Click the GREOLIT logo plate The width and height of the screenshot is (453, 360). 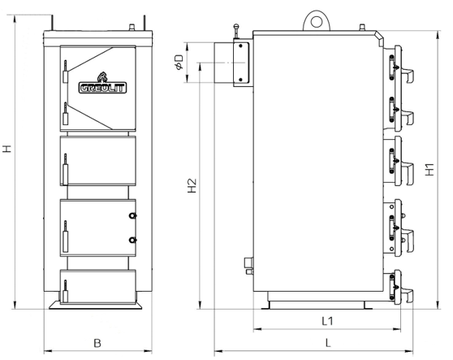[102, 88]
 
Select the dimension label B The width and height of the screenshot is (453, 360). [97, 343]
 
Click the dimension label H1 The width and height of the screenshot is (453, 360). [430, 169]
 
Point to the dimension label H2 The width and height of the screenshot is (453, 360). [192, 185]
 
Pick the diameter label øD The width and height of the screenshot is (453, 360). [179, 62]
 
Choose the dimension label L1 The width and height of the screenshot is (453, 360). [328, 321]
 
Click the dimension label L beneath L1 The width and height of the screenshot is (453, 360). [328, 343]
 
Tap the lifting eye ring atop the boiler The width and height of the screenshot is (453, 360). [317, 21]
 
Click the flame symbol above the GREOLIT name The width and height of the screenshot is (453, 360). [102, 77]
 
